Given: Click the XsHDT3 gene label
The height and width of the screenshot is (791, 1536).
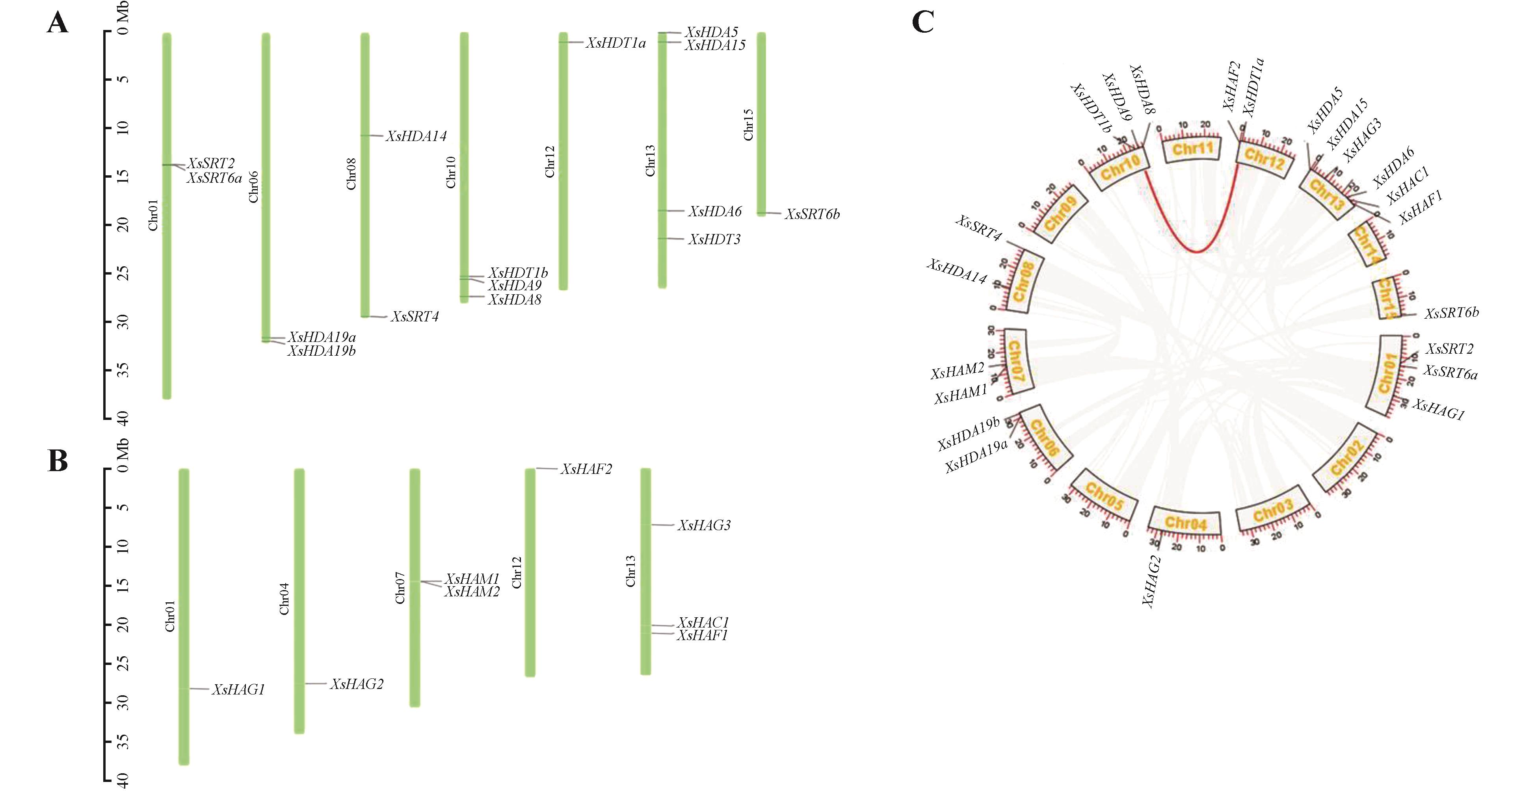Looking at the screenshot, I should point(714,240).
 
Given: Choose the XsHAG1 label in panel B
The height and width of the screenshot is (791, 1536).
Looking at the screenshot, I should point(238,690).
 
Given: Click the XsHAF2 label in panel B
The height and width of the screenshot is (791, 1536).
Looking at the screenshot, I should point(586,470).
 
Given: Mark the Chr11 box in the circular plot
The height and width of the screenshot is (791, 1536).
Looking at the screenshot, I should point(1192,149).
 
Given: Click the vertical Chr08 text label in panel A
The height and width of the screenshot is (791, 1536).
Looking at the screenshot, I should point(351,174).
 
